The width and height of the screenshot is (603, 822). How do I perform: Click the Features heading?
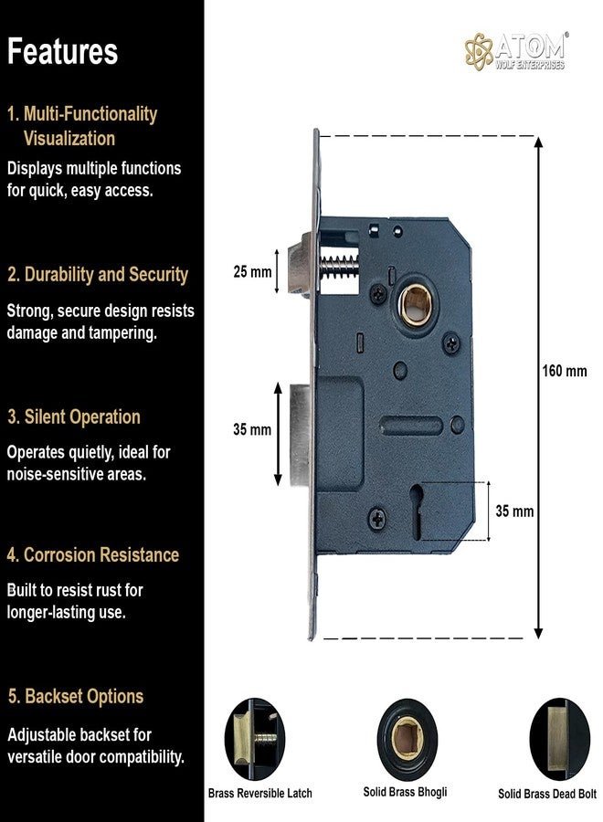click(62, 51)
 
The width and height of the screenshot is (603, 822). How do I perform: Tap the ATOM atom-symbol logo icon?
click(479, 50)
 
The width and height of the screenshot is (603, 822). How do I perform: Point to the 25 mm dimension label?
click(252, 272)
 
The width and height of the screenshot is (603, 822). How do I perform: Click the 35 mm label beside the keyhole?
click(514, 511)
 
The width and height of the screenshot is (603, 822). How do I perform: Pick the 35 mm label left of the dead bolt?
click(252, 429)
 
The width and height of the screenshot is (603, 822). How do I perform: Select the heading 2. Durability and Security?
click(97, 274)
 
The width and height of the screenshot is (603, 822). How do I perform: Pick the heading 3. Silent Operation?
click(74, 416)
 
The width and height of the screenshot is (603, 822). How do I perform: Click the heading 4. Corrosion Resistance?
click(93, 554)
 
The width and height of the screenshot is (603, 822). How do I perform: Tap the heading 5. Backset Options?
click(75, 696)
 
